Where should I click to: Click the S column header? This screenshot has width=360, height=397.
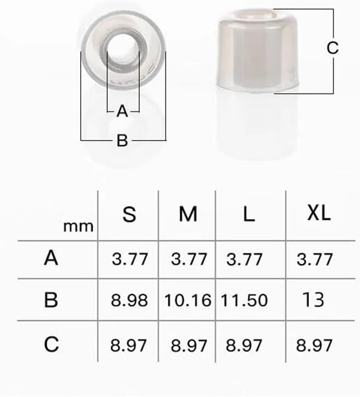tap(129, 215)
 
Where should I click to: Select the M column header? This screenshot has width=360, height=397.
tap(188, 215)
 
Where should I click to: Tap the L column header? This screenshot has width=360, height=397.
tap(249, 215)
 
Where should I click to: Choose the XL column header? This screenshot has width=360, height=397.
tap(319, 214)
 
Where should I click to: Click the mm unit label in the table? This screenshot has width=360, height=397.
tap(79, 226)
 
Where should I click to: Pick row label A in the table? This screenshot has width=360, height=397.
tap(51, 258)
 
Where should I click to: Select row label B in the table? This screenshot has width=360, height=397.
tap(51, 300)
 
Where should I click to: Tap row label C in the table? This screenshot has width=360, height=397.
tap(51, 345)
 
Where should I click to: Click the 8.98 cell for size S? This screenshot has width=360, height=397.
tap(130, 300)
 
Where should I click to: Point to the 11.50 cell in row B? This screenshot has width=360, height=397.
tap(244, 300)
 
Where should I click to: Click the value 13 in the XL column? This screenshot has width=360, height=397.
tap(314, 300)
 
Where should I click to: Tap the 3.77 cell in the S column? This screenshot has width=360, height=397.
tap(130, 259)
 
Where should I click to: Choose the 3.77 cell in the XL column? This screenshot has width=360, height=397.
tap(315, 259)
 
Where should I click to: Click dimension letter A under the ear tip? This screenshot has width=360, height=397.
tap(122, 111)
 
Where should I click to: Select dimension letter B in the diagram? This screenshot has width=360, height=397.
tap(122, 141)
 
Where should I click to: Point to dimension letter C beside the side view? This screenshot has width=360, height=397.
tap(333, 48)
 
